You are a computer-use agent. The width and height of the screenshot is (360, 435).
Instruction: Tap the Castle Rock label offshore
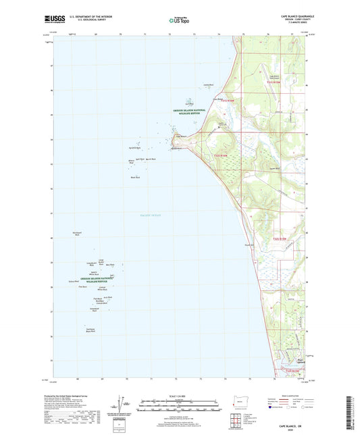pos(209,85)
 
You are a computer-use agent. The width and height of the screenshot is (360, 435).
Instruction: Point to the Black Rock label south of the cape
pos(134,177)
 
